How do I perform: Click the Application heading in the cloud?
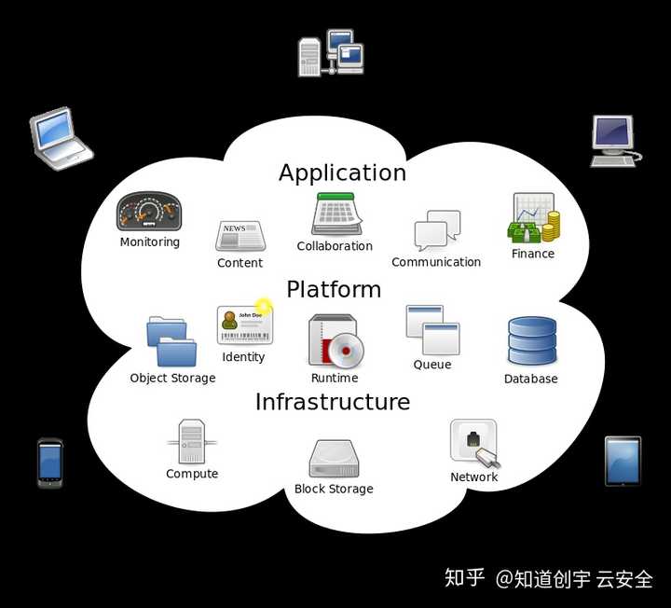[x=342, y=173]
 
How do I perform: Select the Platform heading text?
[x=334, y=289]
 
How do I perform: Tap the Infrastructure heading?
[x=333, y=402]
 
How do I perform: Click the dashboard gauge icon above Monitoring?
[x=149, y=212]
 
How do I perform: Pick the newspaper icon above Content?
[x=240, y=236]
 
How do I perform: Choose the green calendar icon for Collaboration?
[x=336, y=214]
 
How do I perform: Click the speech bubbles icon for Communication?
[x=437, y=230]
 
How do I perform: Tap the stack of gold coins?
[x=551, y=227]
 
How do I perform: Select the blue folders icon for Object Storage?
[x=171, y=341]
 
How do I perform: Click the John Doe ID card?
[x=245, y=325]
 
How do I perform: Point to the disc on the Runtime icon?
[x=346, y=351]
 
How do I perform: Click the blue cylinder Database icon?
[x=532, y=341]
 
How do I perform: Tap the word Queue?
[x=432, y=365]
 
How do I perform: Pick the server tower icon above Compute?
[x=192, y=441]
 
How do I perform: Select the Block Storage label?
[x=334, y=489]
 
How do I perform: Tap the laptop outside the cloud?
[x=61, y=138]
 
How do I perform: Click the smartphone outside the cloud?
[x=50, y=463]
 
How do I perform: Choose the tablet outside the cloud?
[x=623, y=462]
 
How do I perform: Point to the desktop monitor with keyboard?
[x=614, y=141]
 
